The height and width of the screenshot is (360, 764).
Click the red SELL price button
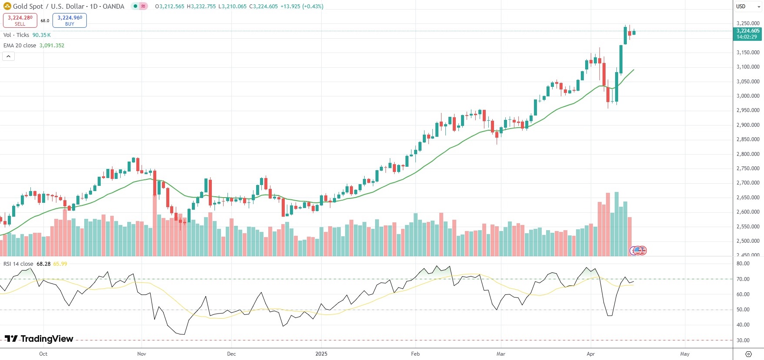point(20,20)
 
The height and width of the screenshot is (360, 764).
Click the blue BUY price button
point(69,20)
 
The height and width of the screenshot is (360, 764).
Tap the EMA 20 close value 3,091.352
point(52,46)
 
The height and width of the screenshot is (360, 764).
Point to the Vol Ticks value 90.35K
point(42,35)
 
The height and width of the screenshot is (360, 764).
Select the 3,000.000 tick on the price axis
point(748,96)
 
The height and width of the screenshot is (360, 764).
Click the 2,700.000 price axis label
point(748,183)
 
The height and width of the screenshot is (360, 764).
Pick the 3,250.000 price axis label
point(748,23)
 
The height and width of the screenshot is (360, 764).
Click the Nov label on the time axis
point(142,354)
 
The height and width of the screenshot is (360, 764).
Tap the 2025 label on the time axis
point(321,354)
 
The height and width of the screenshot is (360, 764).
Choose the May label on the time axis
point(685,354)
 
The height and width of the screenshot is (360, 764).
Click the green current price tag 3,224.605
point(748,33)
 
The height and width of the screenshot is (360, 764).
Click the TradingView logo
point(39,339)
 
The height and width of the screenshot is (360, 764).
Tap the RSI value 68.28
point(43,264)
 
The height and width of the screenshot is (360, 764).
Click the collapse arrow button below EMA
point(8,56)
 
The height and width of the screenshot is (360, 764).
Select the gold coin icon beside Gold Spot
point(7,7)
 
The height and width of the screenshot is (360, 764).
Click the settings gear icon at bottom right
point(748,354)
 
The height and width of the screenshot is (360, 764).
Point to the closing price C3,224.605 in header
point(263,7)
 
